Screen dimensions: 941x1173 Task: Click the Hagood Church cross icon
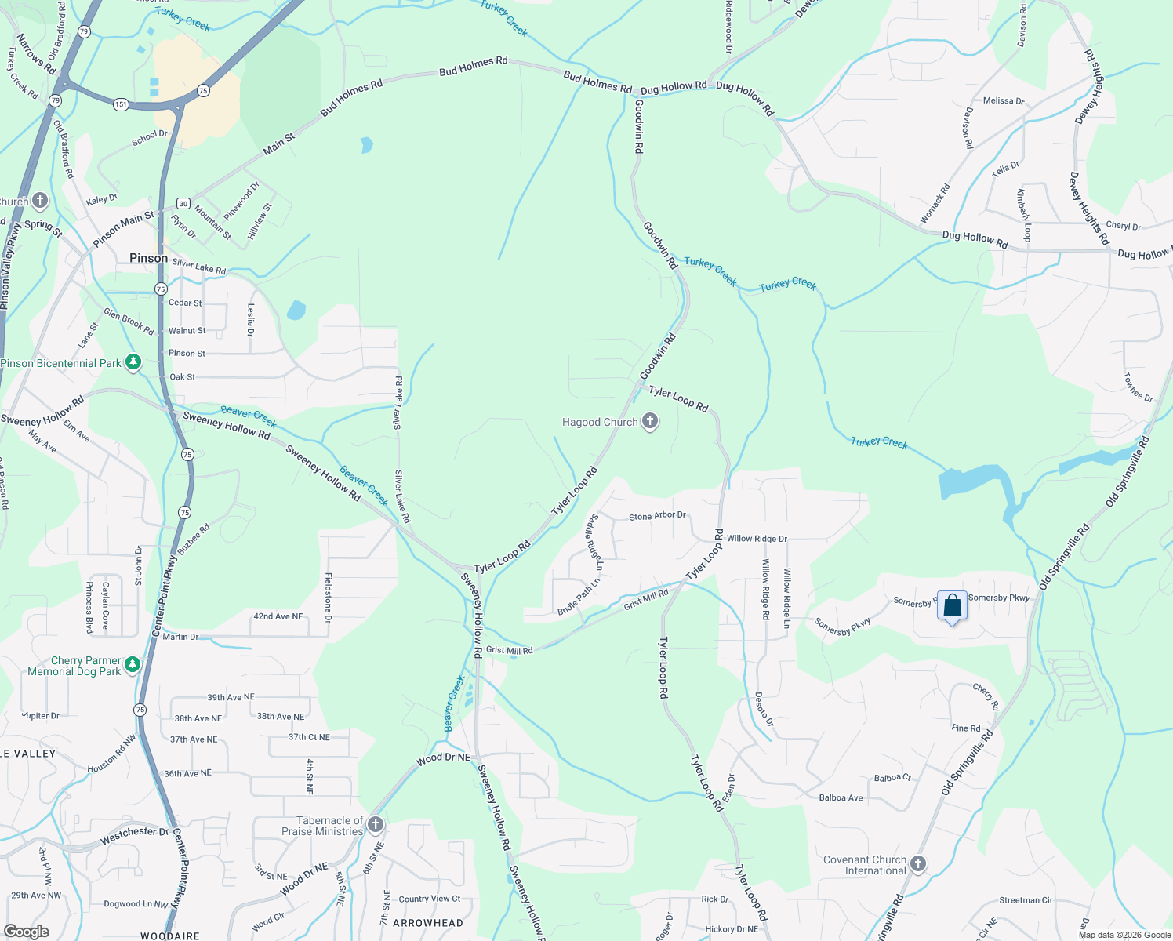pos(650,422)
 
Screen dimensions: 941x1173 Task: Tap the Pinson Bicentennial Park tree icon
pos(133,362)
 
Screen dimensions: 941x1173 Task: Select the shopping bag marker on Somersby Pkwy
pos(952,606)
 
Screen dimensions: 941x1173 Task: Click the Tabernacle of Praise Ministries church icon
pos(376,824)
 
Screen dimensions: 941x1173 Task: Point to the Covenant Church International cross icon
pos(918,864)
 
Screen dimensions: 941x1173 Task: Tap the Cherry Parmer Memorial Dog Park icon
pos(133,665)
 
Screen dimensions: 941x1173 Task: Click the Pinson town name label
pos(148,258)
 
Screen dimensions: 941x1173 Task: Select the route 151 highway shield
pos(120,104)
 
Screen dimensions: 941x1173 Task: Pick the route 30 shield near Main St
pos(183,204)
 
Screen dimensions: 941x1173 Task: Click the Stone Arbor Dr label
pos(657,516)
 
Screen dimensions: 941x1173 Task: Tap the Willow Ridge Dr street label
pos(757,539)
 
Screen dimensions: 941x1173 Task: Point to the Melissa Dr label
pos(1003,100)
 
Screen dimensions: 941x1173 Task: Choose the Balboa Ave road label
pos(841,798)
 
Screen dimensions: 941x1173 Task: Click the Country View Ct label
pos(430,899)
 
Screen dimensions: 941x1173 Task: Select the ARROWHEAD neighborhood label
pos(427,923)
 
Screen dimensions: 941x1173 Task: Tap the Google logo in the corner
pos(27,931)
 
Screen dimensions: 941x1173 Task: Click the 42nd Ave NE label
pos(278,616)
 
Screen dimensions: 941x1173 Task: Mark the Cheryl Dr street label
pos(1123,226)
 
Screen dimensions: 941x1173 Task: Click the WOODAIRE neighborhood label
pos(169,936)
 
